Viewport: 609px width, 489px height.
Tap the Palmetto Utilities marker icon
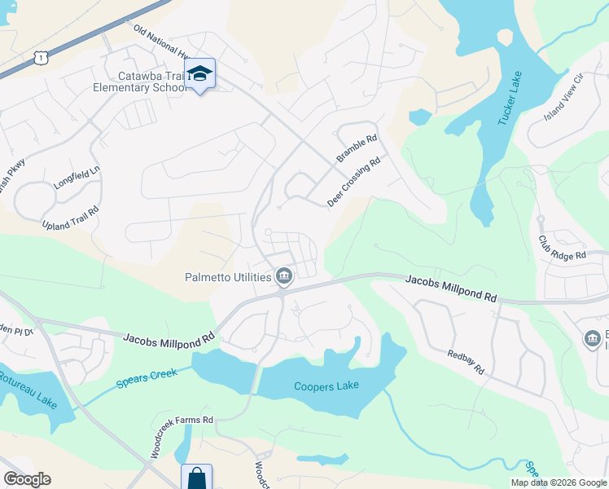click(x=284, y=277)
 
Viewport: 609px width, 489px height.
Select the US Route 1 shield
click(x=39, y=56)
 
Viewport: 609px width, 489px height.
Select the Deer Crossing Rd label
click(x=354, y=182)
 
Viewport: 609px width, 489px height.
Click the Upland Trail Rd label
click(x=71, y=216)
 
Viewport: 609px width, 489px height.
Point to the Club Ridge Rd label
click(x=562, y=247)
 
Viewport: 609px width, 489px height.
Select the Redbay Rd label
click(x=466, y=361)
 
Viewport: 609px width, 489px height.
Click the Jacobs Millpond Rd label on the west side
click(x=169, y=336)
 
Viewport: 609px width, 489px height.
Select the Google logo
click(x=27, y=479)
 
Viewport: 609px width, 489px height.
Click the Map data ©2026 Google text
click(x=558, y=482)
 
